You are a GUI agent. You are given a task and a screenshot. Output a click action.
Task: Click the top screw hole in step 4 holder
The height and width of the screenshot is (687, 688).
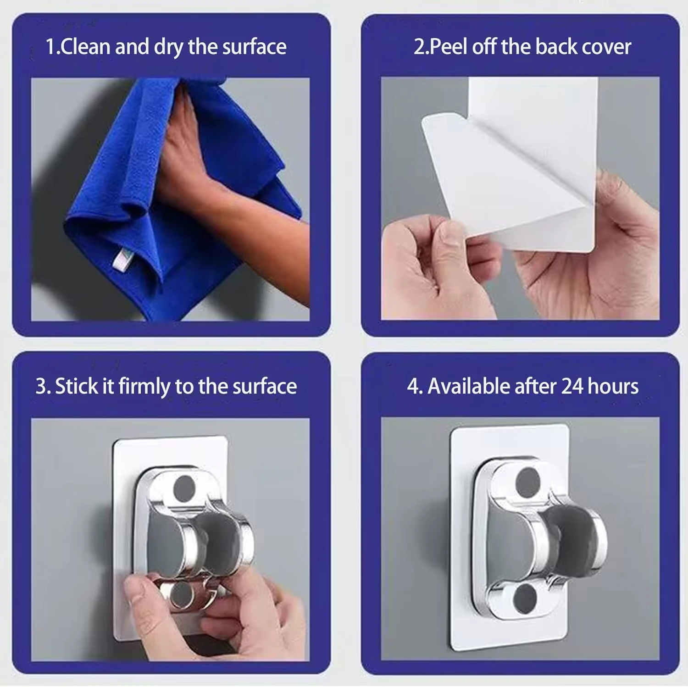[528, 480]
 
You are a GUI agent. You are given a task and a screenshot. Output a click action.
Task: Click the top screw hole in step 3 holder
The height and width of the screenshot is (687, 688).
[185, 488]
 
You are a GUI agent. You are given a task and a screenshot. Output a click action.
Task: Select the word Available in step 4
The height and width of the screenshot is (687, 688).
[469, 386]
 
